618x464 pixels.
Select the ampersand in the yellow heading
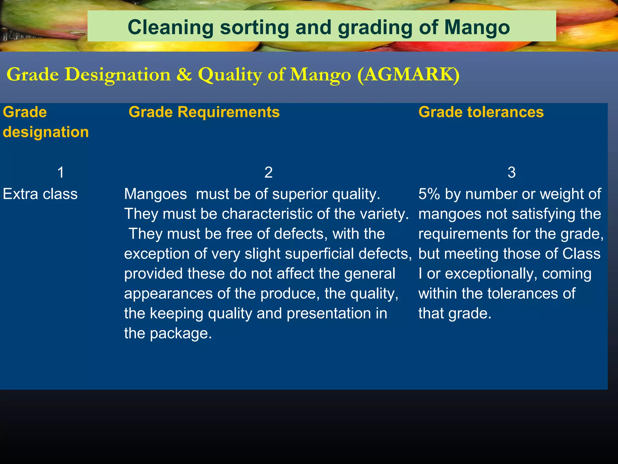tap(184, 74)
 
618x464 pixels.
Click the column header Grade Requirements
tap(204, 112)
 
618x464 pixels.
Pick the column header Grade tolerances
tap(481, 112)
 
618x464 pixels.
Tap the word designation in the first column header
tap(46, 132)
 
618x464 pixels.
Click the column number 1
tap(61, 172)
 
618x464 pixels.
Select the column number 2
tap(268, 172)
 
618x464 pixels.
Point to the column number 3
tap(511, 172)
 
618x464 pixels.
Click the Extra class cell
tap(40, 194)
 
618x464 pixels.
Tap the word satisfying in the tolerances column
tap(540, 214)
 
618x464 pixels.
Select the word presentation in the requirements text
tap(329, 314)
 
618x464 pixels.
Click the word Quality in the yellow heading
tap(230, 74)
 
